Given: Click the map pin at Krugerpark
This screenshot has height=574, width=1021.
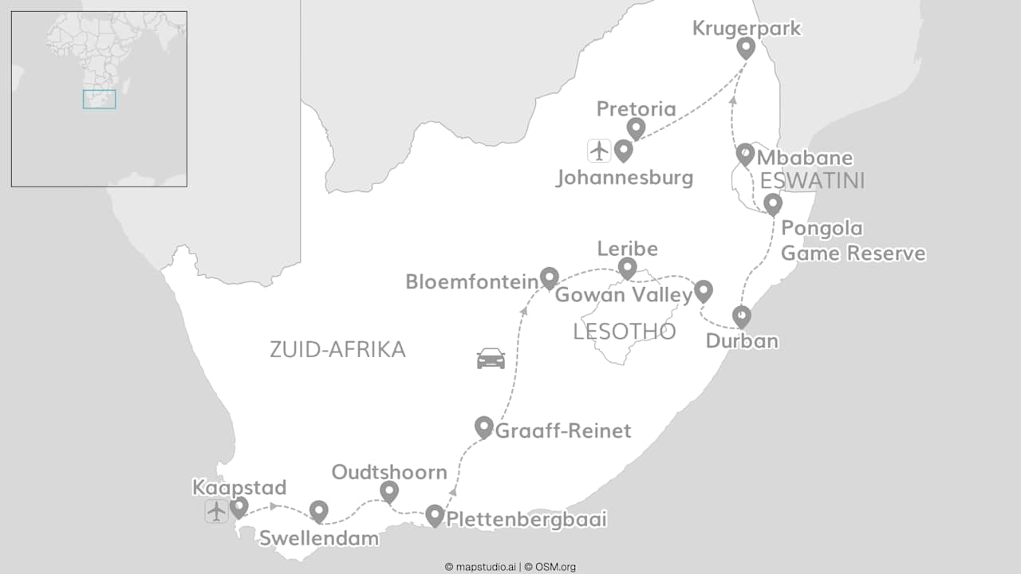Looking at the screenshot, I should point(746,47).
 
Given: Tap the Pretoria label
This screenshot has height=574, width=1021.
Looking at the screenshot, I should point(636,109).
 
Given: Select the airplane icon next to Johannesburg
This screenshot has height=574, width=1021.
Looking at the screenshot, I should point(599,150).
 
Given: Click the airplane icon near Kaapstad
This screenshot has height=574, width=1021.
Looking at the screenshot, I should point(216,511).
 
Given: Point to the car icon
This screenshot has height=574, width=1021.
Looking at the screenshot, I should point(491,359).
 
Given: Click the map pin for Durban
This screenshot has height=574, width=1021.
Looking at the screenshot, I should point(742,316).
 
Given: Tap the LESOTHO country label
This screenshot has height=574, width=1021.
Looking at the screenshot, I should point(624,332).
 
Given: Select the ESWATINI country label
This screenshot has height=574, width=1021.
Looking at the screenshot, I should point(812,180).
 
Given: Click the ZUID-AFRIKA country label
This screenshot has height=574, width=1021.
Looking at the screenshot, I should point(337,349).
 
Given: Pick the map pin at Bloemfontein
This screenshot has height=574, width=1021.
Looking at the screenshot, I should point(550,277).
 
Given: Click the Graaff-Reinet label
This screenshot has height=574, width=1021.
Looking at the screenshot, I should point(563,431).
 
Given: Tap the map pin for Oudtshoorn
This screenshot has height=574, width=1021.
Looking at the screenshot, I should point(388,491).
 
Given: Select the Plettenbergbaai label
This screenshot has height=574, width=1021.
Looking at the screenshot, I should point(526,520).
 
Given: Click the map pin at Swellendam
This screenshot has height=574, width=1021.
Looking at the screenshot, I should point(319,511).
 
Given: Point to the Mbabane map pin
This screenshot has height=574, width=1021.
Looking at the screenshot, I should point(745,154).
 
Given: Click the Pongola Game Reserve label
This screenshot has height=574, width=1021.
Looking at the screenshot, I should point(853,241).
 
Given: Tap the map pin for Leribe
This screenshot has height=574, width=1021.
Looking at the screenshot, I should point(628,268).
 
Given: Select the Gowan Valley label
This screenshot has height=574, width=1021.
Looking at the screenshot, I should point(623,295).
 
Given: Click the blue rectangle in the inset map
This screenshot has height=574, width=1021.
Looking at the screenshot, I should point(100,100).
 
